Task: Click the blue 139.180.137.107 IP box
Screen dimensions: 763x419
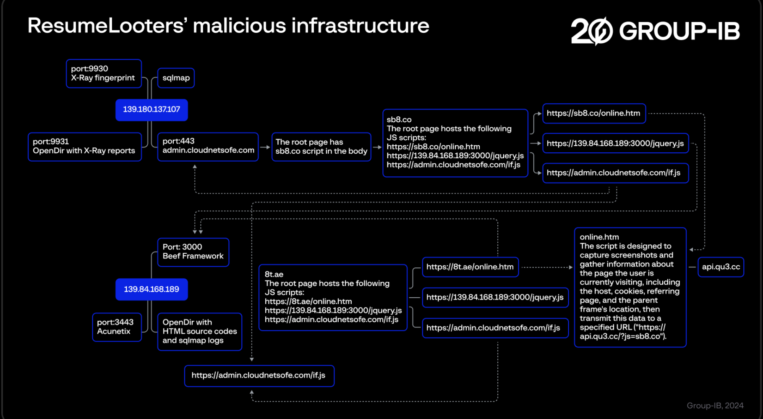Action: tap(152, 110)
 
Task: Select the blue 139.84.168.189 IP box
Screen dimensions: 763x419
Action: tap(152, 289)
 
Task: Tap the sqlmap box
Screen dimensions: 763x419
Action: tap(176, 78)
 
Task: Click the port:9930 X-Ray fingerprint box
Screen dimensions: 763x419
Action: tap(104, 73)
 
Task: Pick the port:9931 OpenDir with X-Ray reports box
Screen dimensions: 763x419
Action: tap(85, 147)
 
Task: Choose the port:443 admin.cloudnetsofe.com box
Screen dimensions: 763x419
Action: tap(208, 147)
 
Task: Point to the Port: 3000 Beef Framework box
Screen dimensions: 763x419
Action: tap(193, 252)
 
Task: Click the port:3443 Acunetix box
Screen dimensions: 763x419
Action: tap(117, 327)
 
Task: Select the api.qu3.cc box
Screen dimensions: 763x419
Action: tap(721, 267)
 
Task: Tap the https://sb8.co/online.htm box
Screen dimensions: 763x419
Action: tap(594, 113)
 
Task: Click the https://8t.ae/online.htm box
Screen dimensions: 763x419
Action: tap(470, 267)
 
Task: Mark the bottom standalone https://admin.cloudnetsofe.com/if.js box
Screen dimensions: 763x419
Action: tap(259, 376)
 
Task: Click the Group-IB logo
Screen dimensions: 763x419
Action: tap(655, 31)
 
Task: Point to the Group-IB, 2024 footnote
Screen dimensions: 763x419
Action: tap(715, 406)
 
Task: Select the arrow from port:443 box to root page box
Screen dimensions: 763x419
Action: tap(265, 147)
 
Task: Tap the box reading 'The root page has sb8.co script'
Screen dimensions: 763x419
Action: tap(321, 147)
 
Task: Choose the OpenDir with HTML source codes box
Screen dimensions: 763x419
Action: tap(200, 332)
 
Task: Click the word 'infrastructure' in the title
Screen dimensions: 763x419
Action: tap(361, 26)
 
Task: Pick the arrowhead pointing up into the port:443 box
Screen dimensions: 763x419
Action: tap(195, 167)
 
